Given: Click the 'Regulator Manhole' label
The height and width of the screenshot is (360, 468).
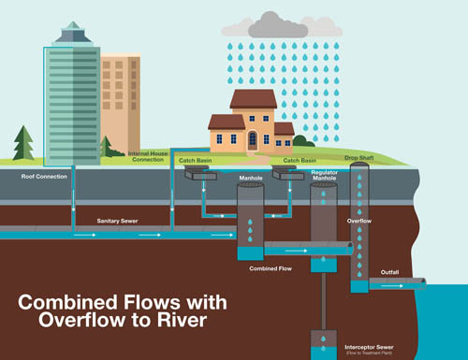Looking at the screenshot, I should point(324,176).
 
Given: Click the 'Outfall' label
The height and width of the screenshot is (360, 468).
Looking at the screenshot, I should point(389,272).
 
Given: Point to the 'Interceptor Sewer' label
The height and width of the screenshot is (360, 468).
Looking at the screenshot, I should point(364,343).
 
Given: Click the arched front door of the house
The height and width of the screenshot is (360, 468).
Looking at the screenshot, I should point(252,141).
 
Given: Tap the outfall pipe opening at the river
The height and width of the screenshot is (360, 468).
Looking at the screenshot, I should point(423,282).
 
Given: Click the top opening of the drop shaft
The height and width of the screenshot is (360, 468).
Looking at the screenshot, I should point(361,167).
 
